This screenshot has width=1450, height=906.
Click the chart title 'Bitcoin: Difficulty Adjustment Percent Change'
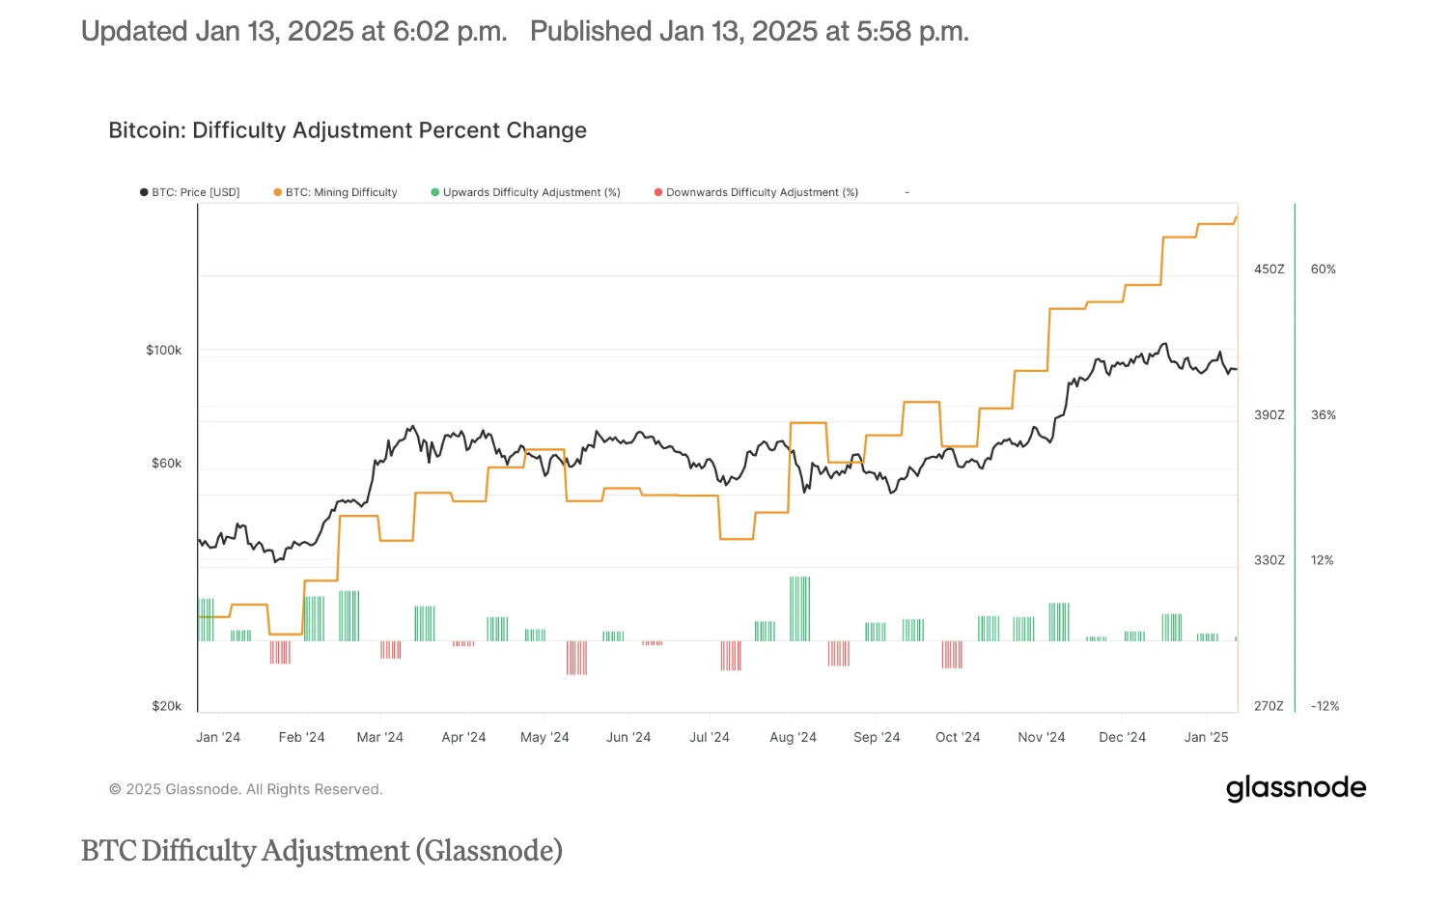pyautogui.click(x=348, y=130)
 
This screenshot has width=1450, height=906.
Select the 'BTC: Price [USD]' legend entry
pyautogui.click(x=190, y=192)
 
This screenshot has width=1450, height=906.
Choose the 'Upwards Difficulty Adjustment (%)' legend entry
pyautogui.click(x=526, y=192)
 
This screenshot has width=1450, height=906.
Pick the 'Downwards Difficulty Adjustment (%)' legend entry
pyautogui.click(x=757, y=192)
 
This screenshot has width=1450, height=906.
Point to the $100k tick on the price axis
pyautogui.click(x=163, y=350)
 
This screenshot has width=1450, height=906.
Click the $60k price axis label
pyautogui.click(x=166, y=463)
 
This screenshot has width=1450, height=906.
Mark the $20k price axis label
pyautogui.click(x=166, y=706)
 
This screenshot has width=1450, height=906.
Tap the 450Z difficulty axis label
pyautogui.click(x=1269, y=269)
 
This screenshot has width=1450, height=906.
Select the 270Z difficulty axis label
pyautogui.click(x=1269, y=706)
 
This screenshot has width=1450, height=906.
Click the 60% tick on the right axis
pyautogui.click(x=1323, y=269)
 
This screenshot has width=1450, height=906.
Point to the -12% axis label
pyautogui.click(x=1325, y=706)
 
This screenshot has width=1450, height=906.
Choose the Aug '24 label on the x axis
pyautogui.click(x=793, y=737)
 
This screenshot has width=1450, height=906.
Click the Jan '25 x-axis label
pyautogui.click(x=1206, y=737)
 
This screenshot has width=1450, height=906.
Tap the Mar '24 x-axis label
pyautogui.click(x=379, y=737)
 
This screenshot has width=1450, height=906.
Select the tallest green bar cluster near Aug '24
pyautogui.click(x=799, y=609)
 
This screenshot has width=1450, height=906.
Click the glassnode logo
pyautogui.click(x=1296, y=788)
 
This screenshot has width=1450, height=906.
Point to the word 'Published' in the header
pyautogui.click(x=591, y=32)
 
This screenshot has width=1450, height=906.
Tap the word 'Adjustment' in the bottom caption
pyautogui.click(x=335, y=851)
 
